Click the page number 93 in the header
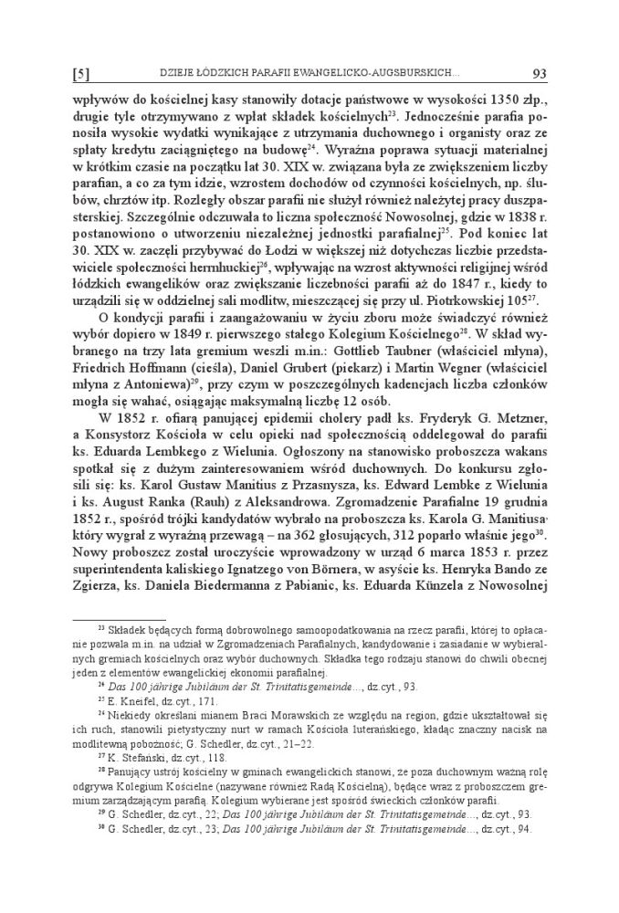[538, 72]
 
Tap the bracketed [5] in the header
[79, 72]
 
